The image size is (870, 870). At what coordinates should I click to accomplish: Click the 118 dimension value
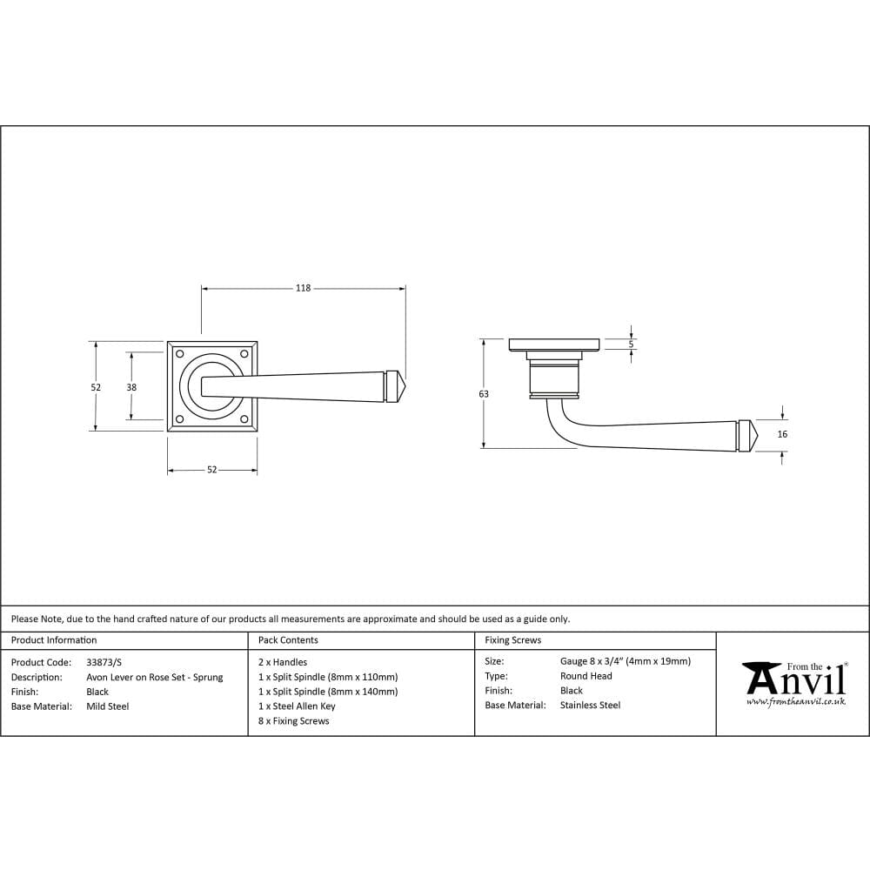303,288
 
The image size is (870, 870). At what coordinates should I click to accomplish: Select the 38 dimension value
131,387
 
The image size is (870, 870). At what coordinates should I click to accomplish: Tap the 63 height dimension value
484,394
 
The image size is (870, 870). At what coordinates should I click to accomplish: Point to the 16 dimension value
782,434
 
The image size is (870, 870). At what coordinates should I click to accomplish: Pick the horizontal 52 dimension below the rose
211,470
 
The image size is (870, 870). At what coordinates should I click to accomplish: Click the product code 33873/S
104,662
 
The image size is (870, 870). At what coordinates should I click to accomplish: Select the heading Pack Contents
288,640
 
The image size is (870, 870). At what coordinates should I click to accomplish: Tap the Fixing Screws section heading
512,640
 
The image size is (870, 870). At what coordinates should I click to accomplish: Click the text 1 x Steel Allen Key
297,706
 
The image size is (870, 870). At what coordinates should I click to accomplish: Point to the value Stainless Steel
590,706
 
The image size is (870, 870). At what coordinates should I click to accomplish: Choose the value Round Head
586,676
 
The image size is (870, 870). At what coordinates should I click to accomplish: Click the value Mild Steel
107,706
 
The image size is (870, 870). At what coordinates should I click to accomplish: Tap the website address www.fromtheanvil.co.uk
796,701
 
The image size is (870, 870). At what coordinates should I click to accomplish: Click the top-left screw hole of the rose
180,354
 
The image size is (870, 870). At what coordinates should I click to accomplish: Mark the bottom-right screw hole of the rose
244,419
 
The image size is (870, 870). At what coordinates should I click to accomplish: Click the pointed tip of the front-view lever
407,387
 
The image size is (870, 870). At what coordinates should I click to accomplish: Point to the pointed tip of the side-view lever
758,436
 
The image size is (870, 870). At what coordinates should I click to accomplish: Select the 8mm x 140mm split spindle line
328,692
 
